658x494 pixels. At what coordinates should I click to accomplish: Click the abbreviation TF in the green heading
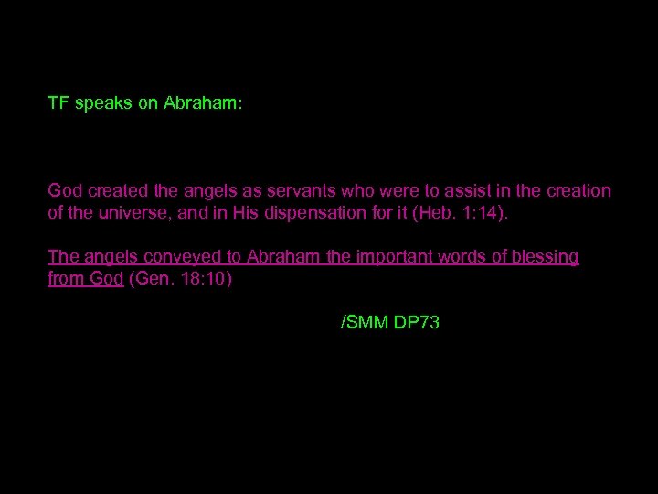[58, 104]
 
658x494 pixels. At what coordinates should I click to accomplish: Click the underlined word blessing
[544, 257]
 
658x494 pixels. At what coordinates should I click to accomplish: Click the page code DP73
[417, 322]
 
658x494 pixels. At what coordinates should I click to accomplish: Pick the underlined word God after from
[103, 279]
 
